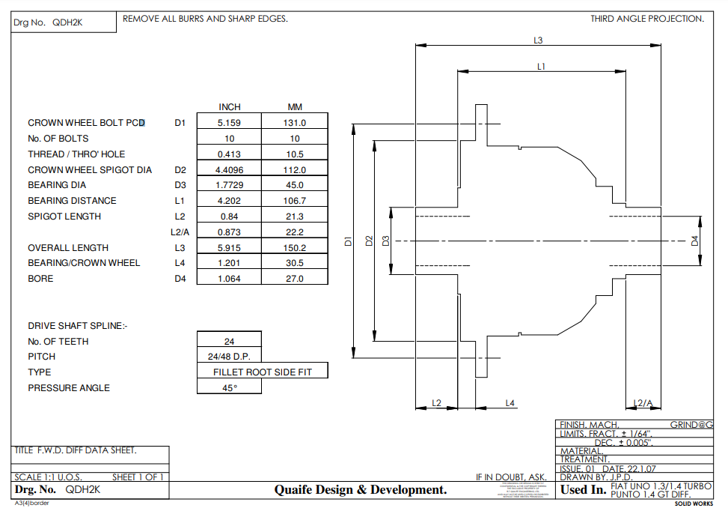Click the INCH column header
coord(229,107)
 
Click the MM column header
coord(295,107)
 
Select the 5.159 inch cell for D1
coord(229,122)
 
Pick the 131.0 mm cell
coord(295,122)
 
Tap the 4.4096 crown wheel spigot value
coord(229,169)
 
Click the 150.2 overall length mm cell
coord(295,247)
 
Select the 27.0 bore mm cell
coord(295,279)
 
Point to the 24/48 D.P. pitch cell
coord(229,357)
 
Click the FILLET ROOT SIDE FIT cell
coord(262,372)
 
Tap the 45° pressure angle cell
coord(229,387)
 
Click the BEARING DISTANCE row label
coord(72,201)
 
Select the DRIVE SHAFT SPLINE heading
coord(78,326)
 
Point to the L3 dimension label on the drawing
coord(538,40)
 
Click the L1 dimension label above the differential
coord(541,67)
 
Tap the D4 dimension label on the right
coord(694,241)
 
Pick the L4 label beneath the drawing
coord(510,403)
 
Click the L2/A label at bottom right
coord(643,403)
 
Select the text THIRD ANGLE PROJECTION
coord(646,19)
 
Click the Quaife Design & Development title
coord(360,490)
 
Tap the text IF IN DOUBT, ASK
coord(512,477)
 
